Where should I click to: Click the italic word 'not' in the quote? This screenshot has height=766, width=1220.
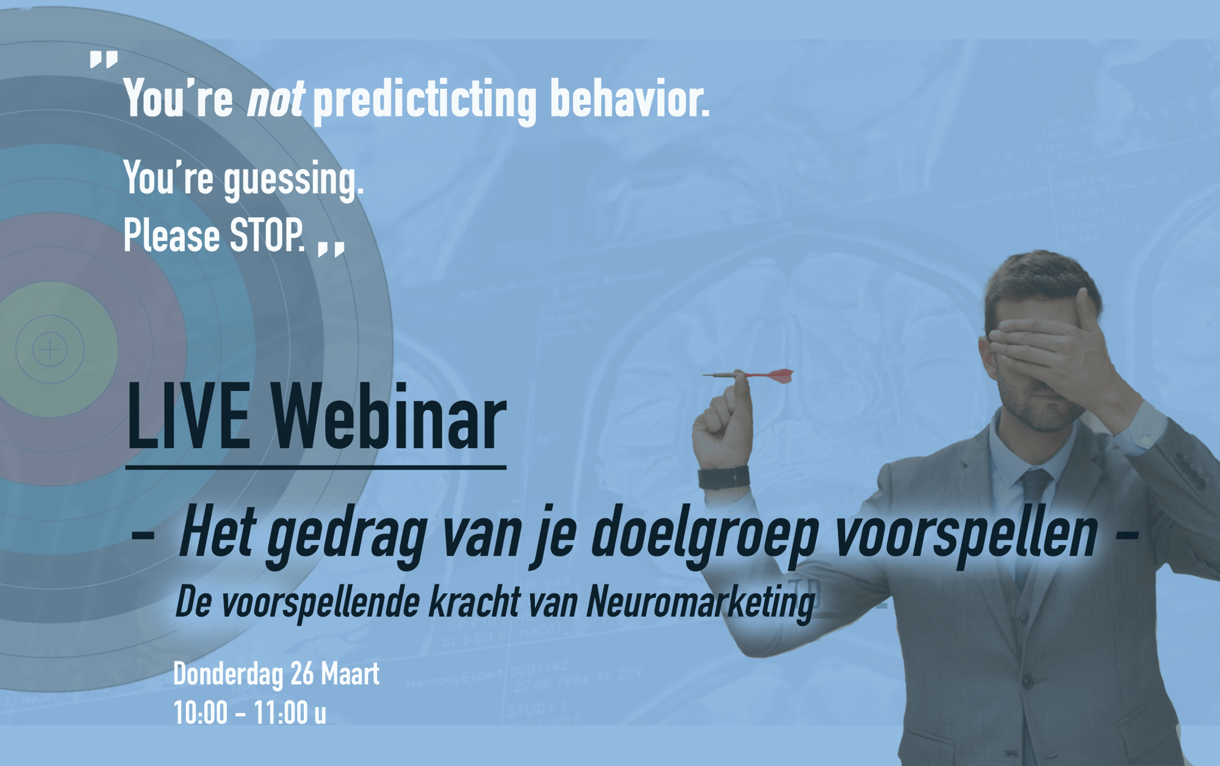click(x=274, y=99)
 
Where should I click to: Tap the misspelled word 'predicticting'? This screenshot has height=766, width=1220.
click(x=424, y=101)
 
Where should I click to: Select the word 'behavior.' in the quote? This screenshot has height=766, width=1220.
click(x=630, y=98)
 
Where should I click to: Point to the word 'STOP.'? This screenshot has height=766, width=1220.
click(x=267, y=235)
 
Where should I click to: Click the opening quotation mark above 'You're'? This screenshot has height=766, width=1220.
click(x=104, y=60)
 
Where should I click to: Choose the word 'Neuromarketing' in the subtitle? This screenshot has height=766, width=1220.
click(x=700, y=603)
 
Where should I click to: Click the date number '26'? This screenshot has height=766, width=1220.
click(x=302, y=674)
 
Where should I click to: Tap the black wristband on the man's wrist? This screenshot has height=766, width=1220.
click(x=724, y=477)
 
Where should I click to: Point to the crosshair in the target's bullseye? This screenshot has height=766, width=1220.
click(x=49, y=349)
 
